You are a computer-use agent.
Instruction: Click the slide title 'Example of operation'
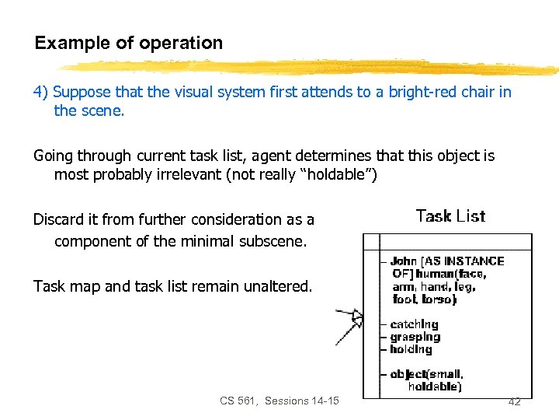(128, 44)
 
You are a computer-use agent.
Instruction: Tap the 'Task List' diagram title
(450, 216)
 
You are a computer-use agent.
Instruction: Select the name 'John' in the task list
(404, 261)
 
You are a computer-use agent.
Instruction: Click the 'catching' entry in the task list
(414, 324)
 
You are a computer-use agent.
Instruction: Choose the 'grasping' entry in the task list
(415, 337)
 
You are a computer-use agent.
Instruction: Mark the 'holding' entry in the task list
(411, 349)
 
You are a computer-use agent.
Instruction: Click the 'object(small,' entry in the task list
(426, 374)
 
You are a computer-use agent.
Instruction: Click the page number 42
(514, 401)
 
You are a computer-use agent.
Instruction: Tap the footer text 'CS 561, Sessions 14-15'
(279, 401)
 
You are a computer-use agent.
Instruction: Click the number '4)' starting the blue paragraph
(41, 93)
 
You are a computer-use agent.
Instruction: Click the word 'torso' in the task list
(439, 299)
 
